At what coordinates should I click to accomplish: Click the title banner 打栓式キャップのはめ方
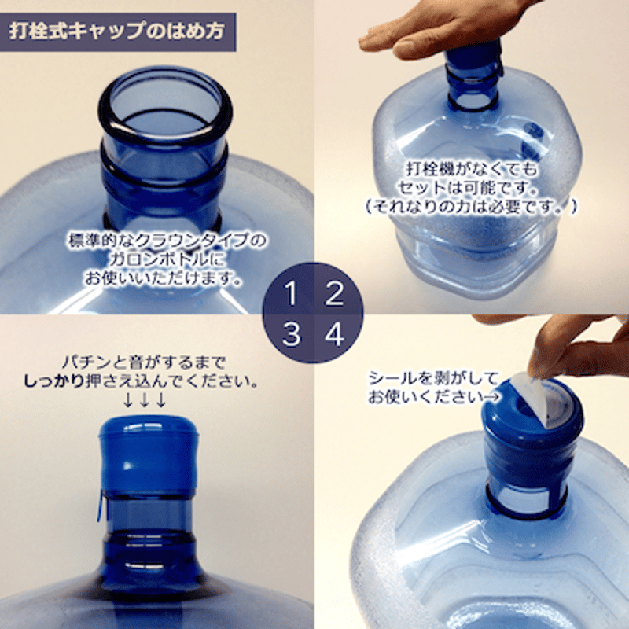[x=117, y=32]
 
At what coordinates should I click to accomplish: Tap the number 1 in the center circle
[x=291, y=293]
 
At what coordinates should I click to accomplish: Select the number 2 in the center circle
[x=334, y=293]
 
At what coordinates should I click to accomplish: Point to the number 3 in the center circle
[x=292, y=333]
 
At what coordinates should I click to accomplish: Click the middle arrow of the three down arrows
[x=145, y=400]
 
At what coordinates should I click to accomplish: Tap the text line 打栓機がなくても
[x=472, y=169]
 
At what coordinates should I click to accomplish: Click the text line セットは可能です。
[x=468, y=188]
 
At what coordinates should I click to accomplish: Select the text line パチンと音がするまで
[x=144, y=363]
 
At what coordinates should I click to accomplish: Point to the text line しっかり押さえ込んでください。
[x=141, y=381]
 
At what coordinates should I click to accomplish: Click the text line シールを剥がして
[x=433, y=378]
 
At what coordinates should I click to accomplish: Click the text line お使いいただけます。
[x=164, y=278]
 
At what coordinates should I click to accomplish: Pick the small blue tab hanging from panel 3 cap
[x=101, y=506]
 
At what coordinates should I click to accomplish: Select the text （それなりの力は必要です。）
[x=470, y=207]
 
